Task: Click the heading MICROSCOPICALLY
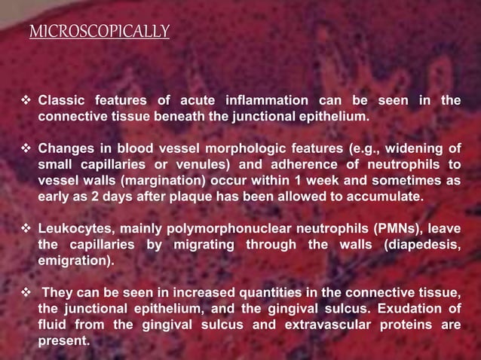click(x=99, y=32)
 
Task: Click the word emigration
click(x=75, y=261)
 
